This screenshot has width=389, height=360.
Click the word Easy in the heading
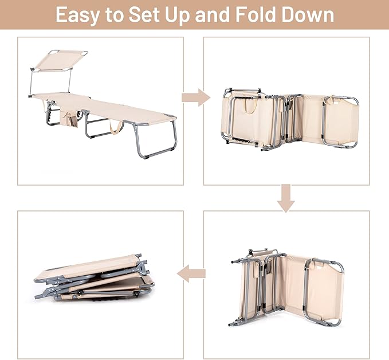click(x=78, y=15)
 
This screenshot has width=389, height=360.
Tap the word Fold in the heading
click(x=256, y=14)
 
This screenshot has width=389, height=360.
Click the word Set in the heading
click(x=144, y=14)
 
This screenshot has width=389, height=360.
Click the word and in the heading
click(x=213, y=14)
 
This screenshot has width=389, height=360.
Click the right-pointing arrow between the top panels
click(x=196, y=97)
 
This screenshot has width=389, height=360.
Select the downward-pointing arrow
click(x=286, y=198)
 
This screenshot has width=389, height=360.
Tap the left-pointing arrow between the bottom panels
click(x=191, y=273)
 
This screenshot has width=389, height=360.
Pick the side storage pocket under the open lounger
click(x=69, y=119)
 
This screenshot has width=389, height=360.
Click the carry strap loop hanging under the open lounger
click(x=116, y=128)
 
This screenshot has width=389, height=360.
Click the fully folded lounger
click(x=95, y=277)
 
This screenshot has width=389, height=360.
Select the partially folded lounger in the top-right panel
click(x=290, y=119)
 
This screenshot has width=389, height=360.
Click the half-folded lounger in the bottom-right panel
click(x=286, y=288)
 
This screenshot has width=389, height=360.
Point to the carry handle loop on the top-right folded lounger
click(x=250, y=105)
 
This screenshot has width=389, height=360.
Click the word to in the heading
click(x=115, y=15)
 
